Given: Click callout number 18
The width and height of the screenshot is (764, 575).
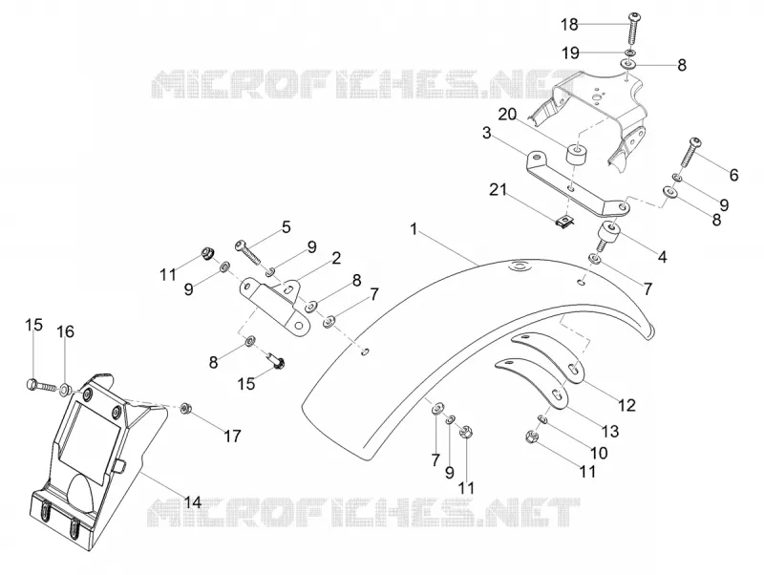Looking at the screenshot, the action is tap(568, 24).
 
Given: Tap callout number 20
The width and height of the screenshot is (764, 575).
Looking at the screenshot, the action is tap(507, 115).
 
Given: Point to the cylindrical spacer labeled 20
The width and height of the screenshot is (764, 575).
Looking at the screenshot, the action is tap(575, 154).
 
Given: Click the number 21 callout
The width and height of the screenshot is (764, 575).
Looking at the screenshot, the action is tap(498, 189).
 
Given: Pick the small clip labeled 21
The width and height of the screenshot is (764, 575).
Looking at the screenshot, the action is tap(565, 222).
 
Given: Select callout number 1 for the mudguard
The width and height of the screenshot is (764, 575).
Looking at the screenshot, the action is tap(414, 229).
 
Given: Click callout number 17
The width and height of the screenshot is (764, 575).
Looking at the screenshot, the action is tap(232, 436).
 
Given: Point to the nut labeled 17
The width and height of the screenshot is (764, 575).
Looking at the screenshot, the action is tap(185, 409).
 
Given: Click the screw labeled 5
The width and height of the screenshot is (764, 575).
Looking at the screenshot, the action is tap(248, 251).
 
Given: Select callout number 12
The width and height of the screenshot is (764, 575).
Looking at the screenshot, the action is tap(626, 404).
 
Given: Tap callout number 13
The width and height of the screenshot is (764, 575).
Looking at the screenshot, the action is tap(609, 431).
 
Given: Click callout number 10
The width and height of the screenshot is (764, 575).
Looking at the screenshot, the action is tap(599, 453).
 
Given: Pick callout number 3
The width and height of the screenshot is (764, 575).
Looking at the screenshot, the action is tap(486, 133).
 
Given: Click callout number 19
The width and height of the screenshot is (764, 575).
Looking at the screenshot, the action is tap(570, 53).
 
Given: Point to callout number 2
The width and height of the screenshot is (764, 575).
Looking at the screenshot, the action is tap(336, 258).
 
